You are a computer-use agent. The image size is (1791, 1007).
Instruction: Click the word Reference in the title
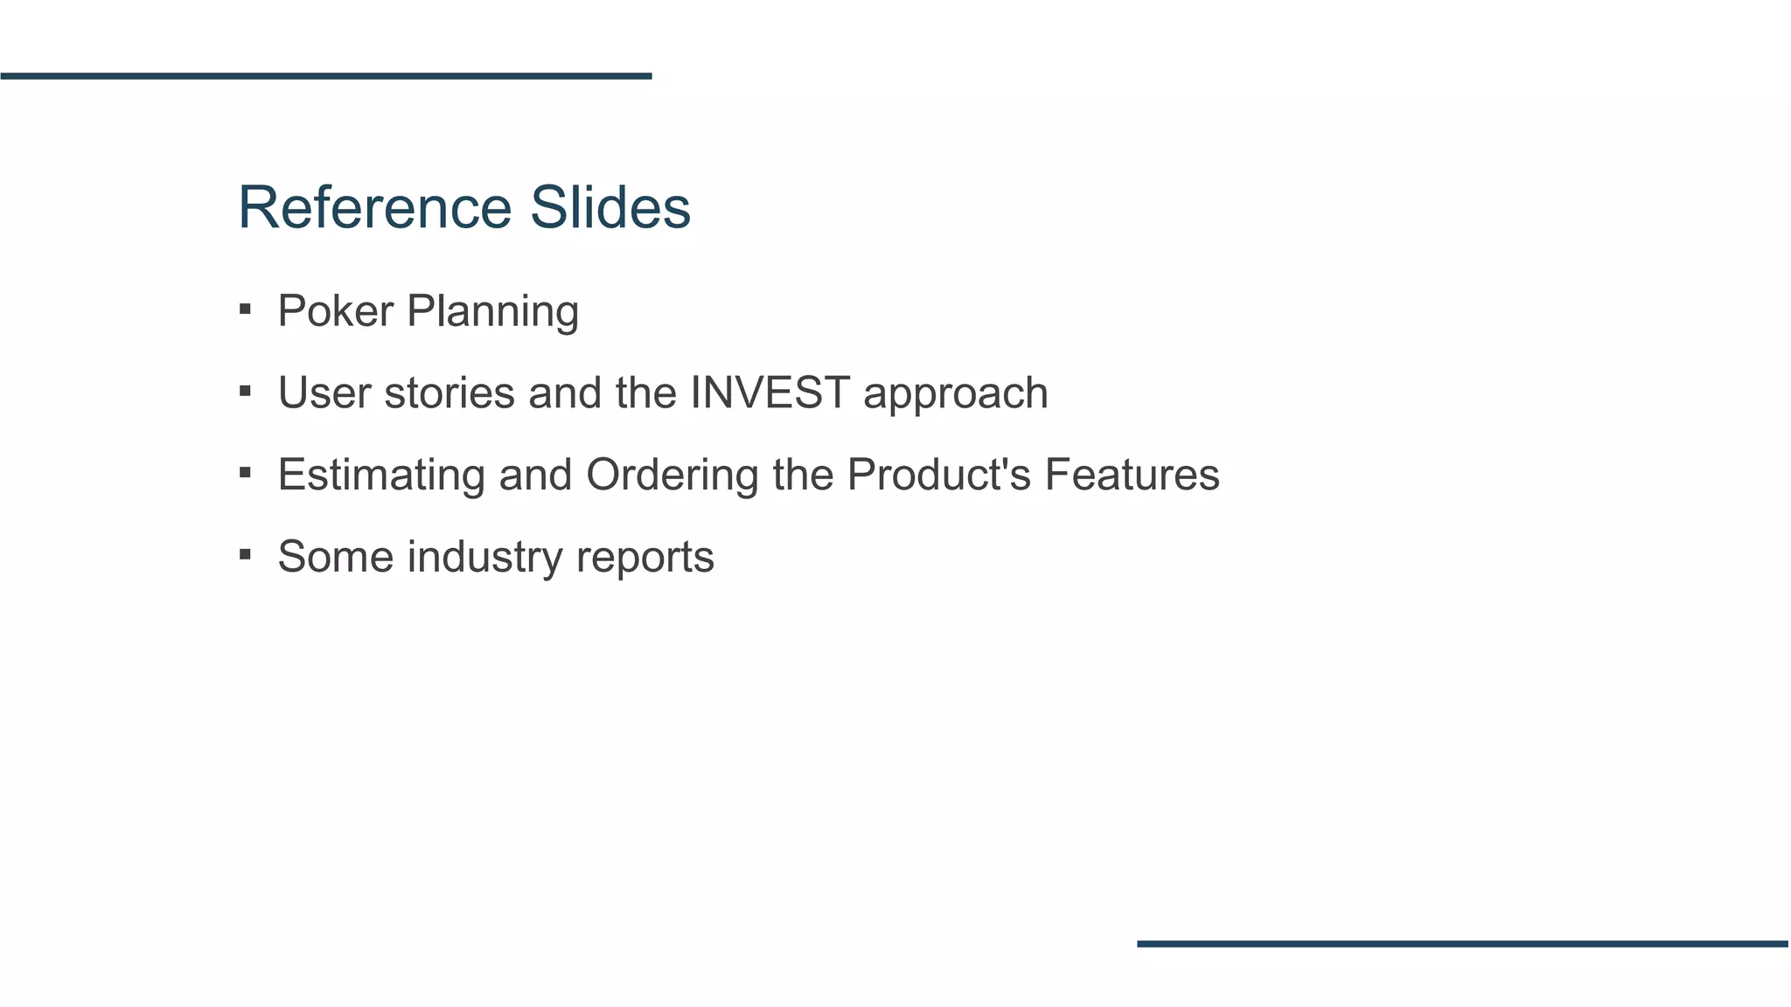pos(374,208)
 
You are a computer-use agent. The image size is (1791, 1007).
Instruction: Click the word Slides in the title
pos(610,208)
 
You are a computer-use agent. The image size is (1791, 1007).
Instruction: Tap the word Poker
pos(335,311)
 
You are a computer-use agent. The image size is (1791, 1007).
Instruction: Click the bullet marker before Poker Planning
pos(245,309)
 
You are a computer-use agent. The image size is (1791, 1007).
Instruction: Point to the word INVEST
pos(770,392)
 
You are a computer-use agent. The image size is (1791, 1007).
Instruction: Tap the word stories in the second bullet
pos(449,392)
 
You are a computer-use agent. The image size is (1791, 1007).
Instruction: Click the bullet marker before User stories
pos(245,392)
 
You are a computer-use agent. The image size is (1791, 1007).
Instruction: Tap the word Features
pos(1132,475)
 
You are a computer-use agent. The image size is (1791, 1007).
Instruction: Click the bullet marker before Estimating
pos(245,474)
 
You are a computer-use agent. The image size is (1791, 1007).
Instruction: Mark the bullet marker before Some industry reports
pos(245,555)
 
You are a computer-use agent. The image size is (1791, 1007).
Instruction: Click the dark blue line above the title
pos(325,76)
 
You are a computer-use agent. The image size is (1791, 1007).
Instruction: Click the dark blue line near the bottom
pos(1462,944)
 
